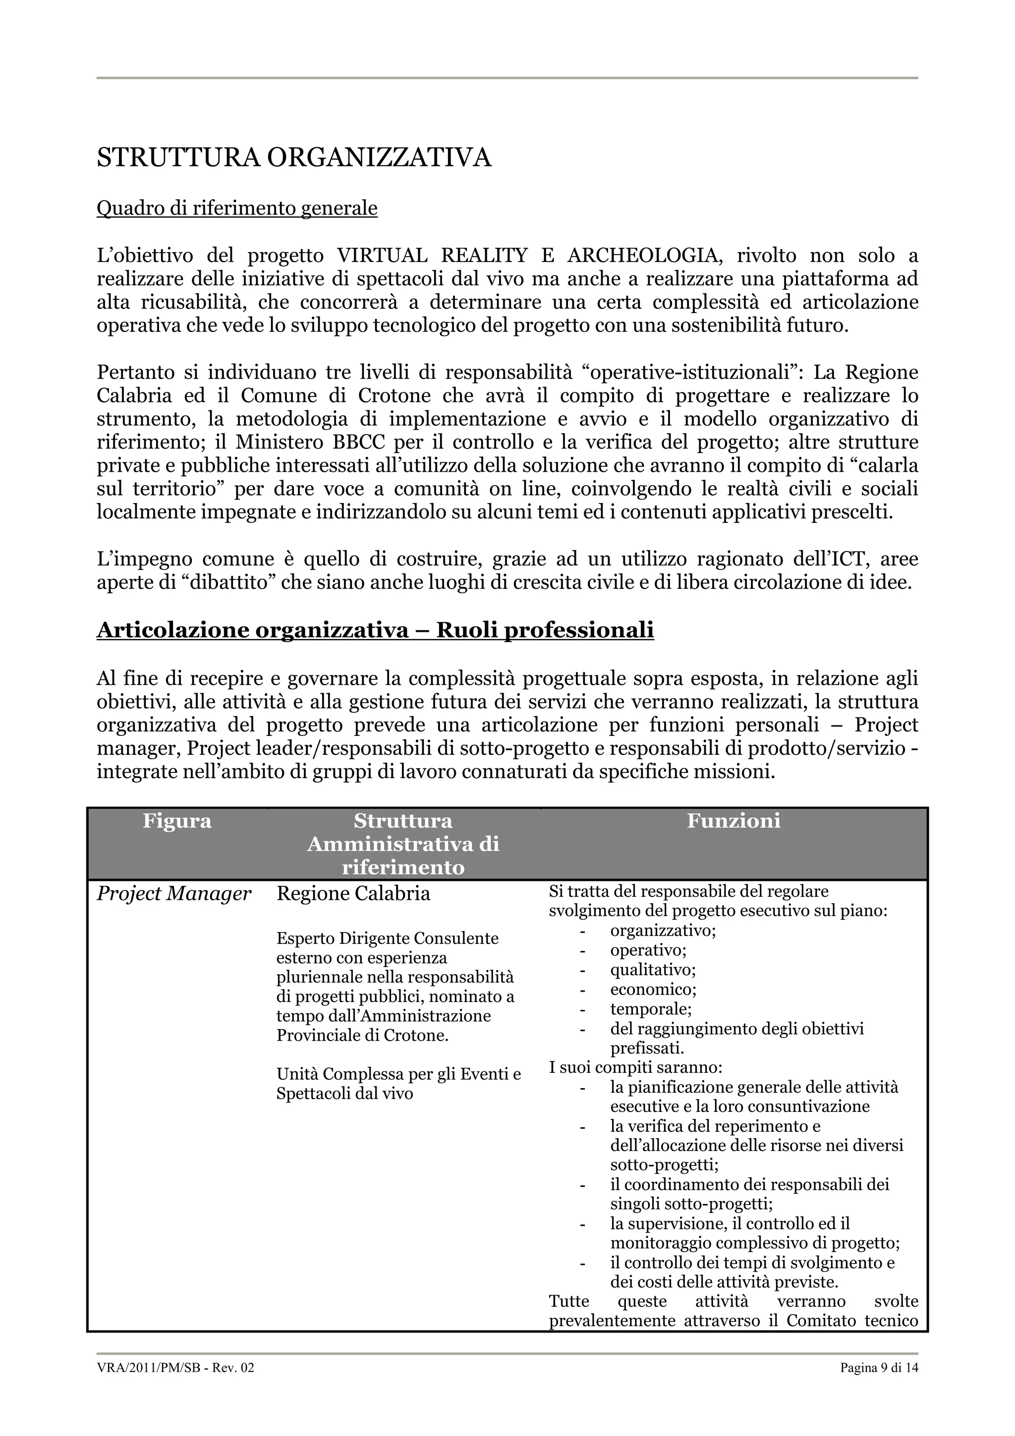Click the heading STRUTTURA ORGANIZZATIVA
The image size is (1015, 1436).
tap(294, 158)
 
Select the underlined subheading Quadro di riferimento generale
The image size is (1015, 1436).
tap(237, 208)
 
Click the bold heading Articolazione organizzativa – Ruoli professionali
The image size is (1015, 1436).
tap(375, 630)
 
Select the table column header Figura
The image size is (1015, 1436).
tap(177, 821)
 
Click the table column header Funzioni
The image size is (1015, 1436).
tap(733, 821)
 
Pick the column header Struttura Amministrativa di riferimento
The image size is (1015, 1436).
tap(403, 844)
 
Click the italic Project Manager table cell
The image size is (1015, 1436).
tap(174, 894)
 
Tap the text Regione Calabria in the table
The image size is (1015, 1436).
tap(353, 894)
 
